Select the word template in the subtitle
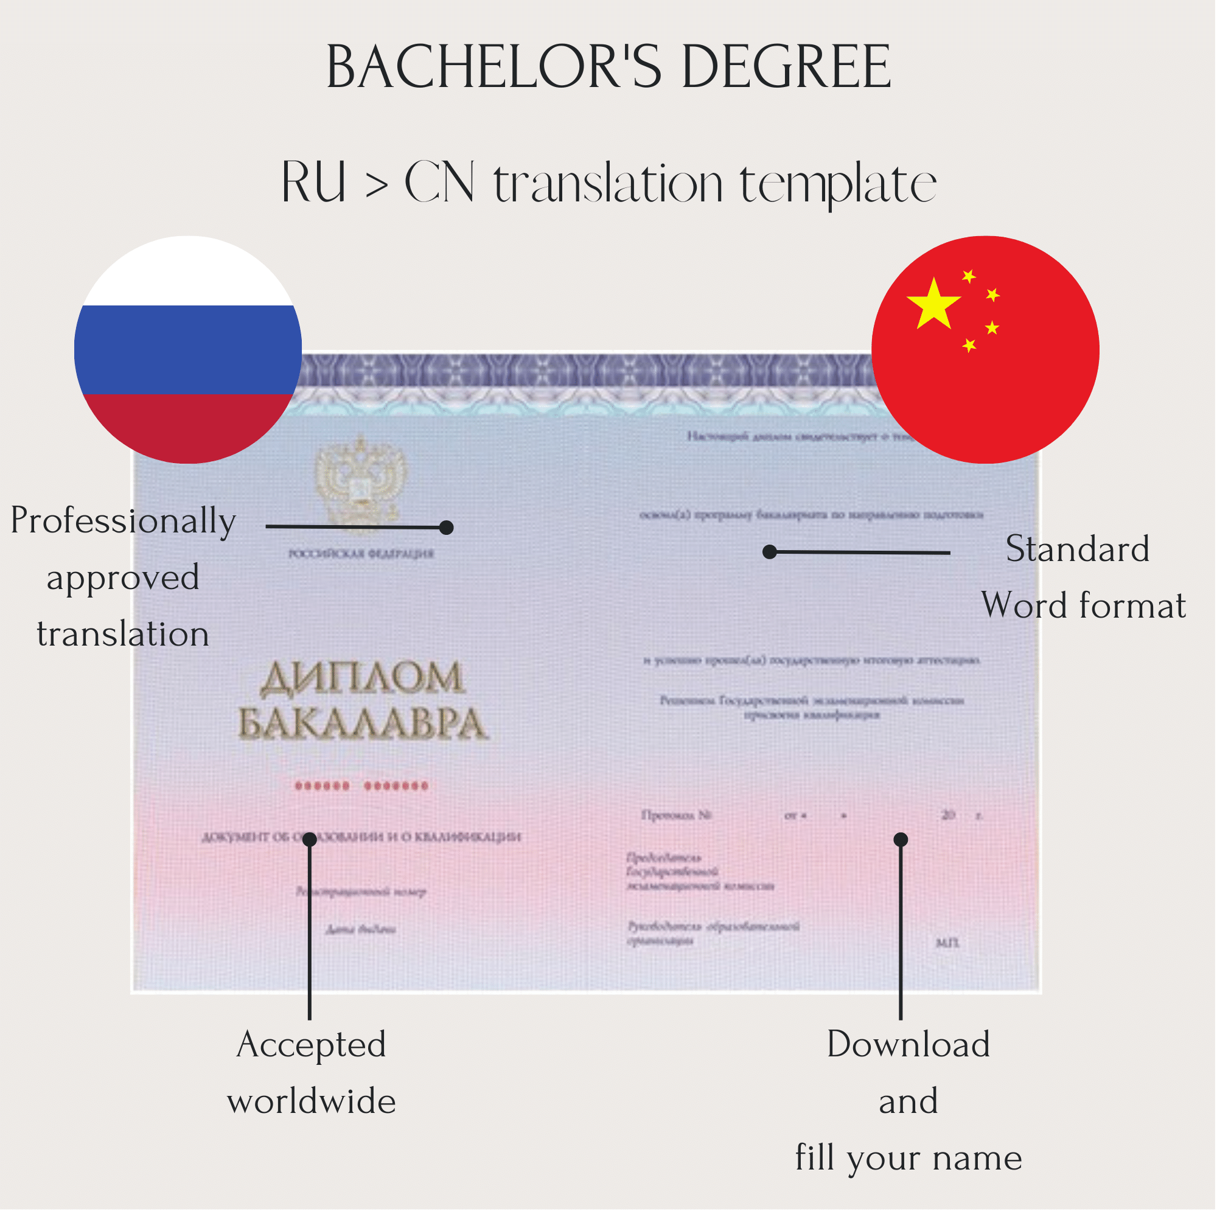coord(838,184)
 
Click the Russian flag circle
coord(187,350)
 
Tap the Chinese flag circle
coord(986,350)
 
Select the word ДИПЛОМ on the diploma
coord(362,679)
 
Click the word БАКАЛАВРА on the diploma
coord(362,724)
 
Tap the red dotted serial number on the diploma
coord(362,786)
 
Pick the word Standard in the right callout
coord(1078,549)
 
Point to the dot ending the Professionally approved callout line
coord(447,528)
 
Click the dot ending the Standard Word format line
coord(770,553)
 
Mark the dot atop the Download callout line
coord(901,840)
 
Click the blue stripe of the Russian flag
coord(187,350)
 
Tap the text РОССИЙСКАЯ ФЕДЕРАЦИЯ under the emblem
coord(361,554)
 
